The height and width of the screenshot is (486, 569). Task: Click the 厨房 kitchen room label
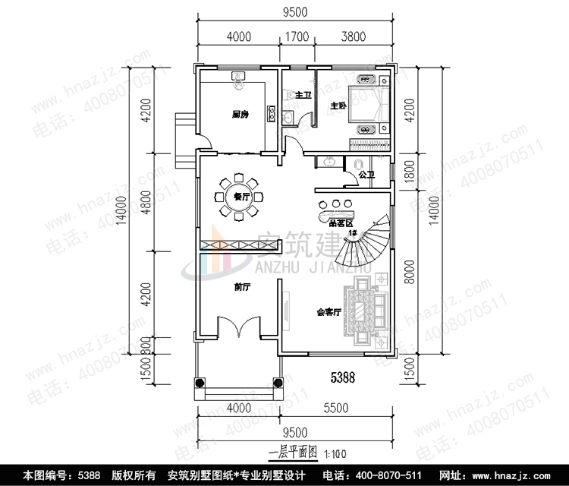pyautogui.click(x=240, y=115)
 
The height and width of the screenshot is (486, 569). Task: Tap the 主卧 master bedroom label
pyautogui.click(x=338, y=106)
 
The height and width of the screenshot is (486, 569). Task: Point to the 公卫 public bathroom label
pyautogui.click(x=366, y=175)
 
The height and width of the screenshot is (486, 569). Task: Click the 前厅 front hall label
pyautogui.click(x=242, y=288)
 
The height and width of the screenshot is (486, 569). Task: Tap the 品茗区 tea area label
pyautogui.click(x=341, y=223)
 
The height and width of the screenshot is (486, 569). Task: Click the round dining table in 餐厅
pyautogui.click(x=240, y=197)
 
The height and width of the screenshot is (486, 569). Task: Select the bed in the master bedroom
pyautogui.click(x=371, y=106)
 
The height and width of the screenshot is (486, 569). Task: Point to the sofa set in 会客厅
pyautogui.click(x=368, y=312)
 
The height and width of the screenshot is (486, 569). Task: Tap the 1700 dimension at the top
pyautogui.click(x=297, y=35)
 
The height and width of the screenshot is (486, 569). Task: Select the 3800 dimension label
pyautogui.click(x=353, y=35)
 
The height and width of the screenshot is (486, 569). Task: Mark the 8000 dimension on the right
pyautogui.click(x=410, y=272)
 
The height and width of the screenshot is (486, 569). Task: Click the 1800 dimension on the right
pyautogui.click(x=410, y=170)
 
